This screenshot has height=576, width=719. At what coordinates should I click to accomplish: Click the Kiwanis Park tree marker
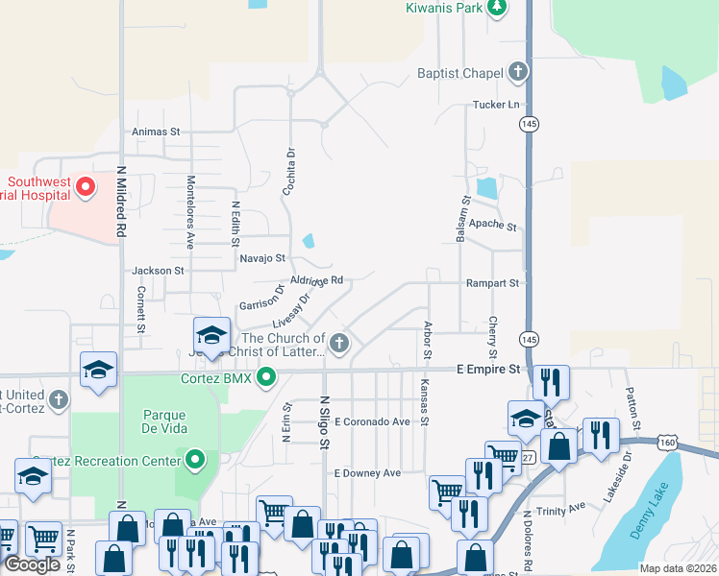[496, 9]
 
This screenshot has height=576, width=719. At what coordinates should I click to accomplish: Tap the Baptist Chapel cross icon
[518, 72]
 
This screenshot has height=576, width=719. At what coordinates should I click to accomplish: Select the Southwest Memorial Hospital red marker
[86, 185]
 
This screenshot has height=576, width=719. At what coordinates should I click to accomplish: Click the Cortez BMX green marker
[270, 377]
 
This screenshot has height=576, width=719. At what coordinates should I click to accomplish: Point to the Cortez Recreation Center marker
[196, 461]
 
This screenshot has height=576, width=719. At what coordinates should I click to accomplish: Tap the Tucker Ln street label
[495, 105]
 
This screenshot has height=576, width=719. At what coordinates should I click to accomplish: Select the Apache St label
[498, 228]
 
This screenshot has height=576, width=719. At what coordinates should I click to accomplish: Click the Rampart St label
[492, 283]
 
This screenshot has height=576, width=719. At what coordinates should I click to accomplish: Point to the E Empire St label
[487, 369]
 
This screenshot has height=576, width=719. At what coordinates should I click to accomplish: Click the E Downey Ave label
[367, 473]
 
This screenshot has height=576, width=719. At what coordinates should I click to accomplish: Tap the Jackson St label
[159, 272]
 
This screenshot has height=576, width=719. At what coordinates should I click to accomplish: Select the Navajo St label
[262, 258]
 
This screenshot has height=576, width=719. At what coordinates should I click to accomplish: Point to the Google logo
[33, 564]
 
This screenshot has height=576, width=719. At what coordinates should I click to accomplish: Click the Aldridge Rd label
[317, 280]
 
